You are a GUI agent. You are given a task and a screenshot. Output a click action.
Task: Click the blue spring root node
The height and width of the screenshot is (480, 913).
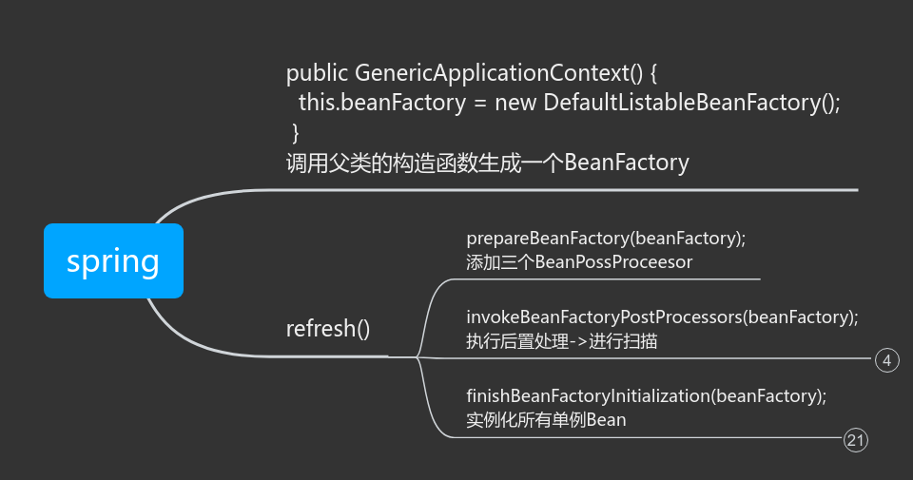pyautogui.click(x=113, y=261)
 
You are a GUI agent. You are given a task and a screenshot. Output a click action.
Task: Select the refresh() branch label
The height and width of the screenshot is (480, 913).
pyautogui.click(x=328, y=329)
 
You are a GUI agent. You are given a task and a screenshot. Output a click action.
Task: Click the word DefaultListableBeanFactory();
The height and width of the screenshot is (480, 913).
pyautogui.click(x=692, y=103)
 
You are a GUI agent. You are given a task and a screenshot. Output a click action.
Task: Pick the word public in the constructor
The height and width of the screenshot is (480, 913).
pyautogui.click(x=317, y=73)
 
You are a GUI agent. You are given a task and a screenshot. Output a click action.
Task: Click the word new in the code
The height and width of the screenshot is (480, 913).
pyautogui.click(x=515, y=103)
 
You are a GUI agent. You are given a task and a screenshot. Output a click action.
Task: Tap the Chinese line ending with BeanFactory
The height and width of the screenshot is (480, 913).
pyautogui.click(x=487, y=163)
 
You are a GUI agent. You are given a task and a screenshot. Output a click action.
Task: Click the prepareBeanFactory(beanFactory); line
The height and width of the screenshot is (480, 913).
pyautogui.click(x=606, y=238)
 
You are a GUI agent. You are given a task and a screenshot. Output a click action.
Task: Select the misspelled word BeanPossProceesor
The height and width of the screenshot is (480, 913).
pyautogui.click(x=613, y=261)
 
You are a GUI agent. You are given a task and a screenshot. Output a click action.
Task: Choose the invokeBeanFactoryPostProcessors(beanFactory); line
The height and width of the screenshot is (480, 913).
pyautogui.click(x=662, y=317)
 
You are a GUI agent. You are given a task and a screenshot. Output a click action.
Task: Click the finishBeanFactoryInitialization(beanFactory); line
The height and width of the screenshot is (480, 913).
pyautogui.click(x=646, y=395)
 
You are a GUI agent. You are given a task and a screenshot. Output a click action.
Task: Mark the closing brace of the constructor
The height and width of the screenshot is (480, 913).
pyautogui.click(x=296, y=132)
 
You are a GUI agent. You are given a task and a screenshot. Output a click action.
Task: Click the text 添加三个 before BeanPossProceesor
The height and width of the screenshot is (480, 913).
pyautogui.click(x=500, y=261)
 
